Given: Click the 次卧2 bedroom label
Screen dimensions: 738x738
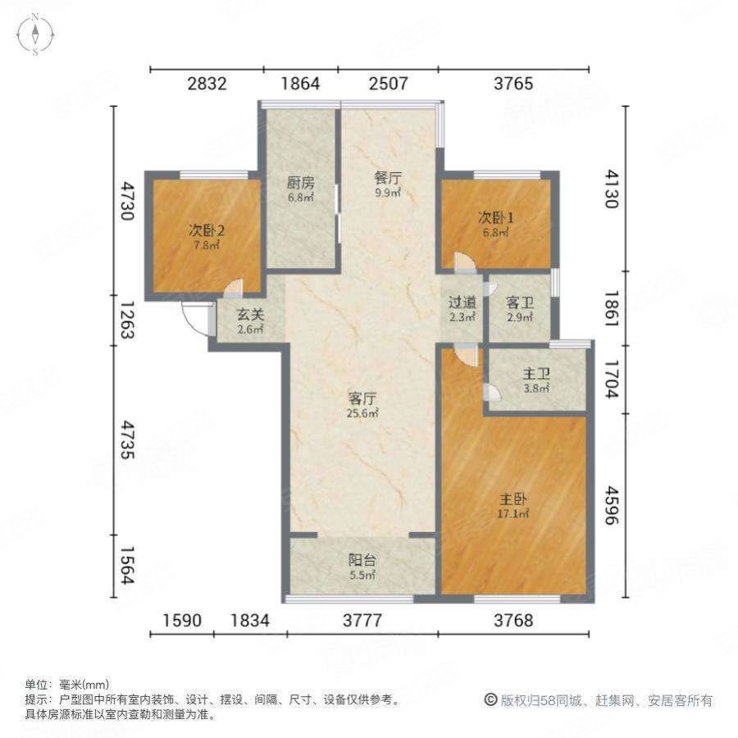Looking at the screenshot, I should click(x=207, y=230).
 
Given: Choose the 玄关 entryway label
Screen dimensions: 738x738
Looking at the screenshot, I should click(x=251, y=314).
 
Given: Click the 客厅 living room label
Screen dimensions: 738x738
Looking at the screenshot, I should click(x=362, y=399).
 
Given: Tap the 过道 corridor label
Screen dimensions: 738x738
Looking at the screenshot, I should click(x=462, y=302).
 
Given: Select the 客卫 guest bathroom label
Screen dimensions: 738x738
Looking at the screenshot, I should click(x=521, y=302).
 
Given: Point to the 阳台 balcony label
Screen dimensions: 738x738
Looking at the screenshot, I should click(x=362, y=561).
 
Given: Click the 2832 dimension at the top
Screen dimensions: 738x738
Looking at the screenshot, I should click(x=207, y=84).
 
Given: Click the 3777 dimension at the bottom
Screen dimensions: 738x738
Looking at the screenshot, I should click(x=362, y=621).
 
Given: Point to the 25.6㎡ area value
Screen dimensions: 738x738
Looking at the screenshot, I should click(x=362, y=414).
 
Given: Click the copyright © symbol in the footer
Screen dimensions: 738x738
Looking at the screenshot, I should click(x=490, y=700).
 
